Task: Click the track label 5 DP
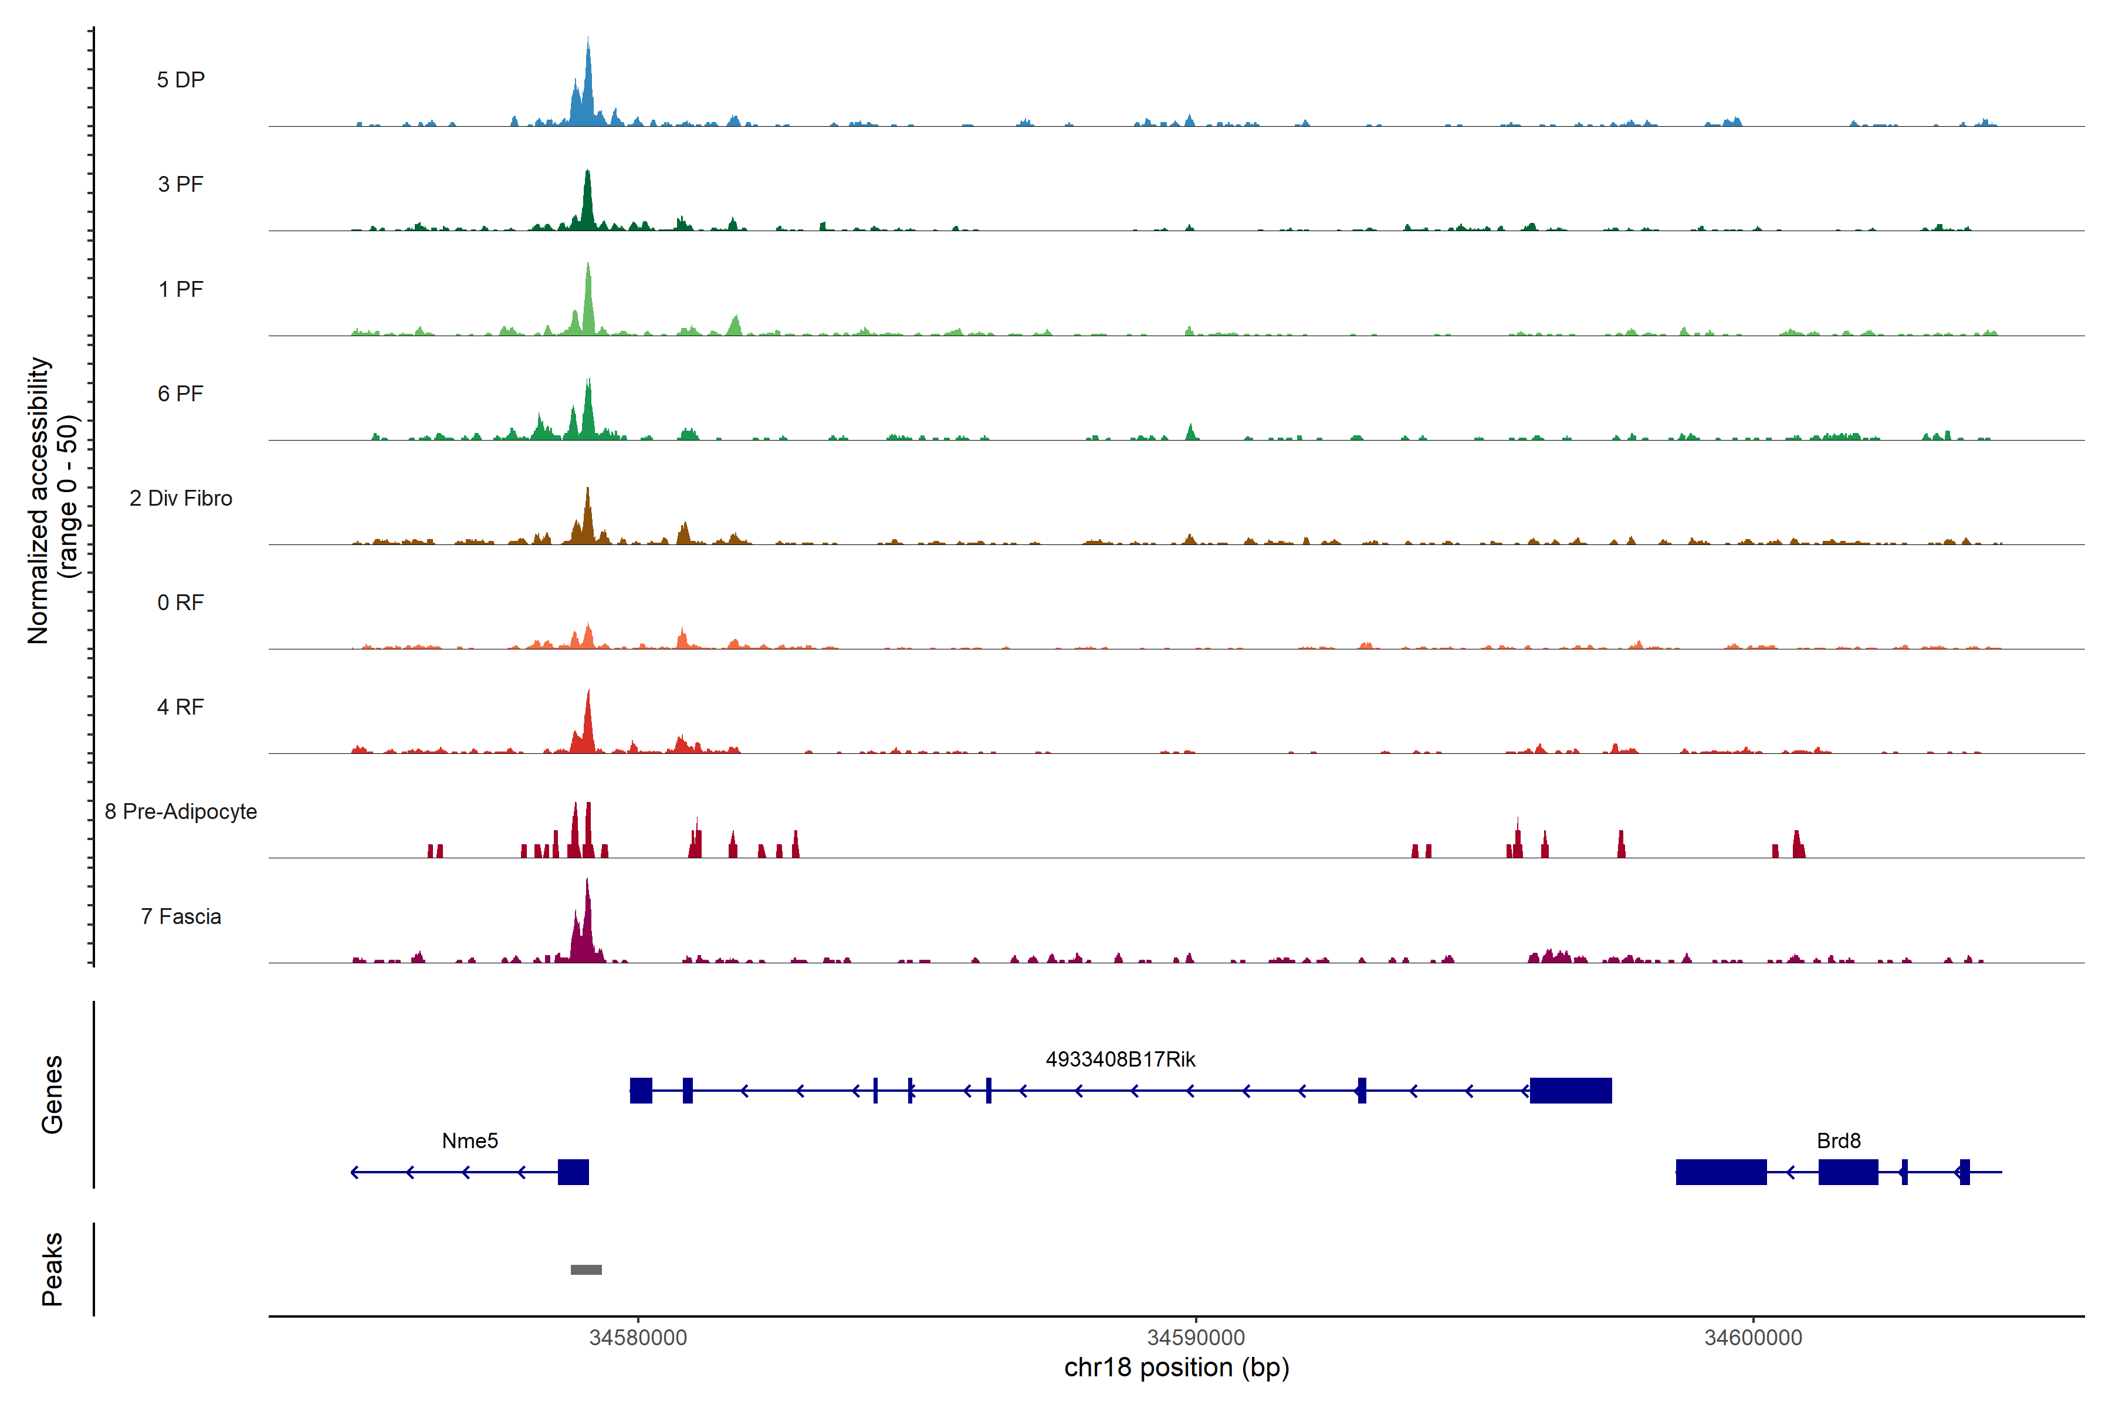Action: (181, 80)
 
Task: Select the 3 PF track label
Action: (181, 184)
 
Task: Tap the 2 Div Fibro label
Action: (181, 498)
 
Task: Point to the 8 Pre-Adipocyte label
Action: (181, 812)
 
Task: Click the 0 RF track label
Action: (181, 603)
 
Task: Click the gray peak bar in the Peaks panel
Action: (586, 1270)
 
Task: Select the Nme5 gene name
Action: (470, 1140)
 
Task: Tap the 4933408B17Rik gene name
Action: (1120, 1060)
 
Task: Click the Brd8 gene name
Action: (1838, 1140)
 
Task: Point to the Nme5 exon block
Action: (573, 1172)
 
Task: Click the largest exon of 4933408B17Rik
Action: (1571, 1090)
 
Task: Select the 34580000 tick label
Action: (638, 1337)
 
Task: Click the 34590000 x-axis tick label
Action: (1196, 1337)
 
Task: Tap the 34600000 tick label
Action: (1753, 1337)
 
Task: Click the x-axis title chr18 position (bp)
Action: (1176, 1368)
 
